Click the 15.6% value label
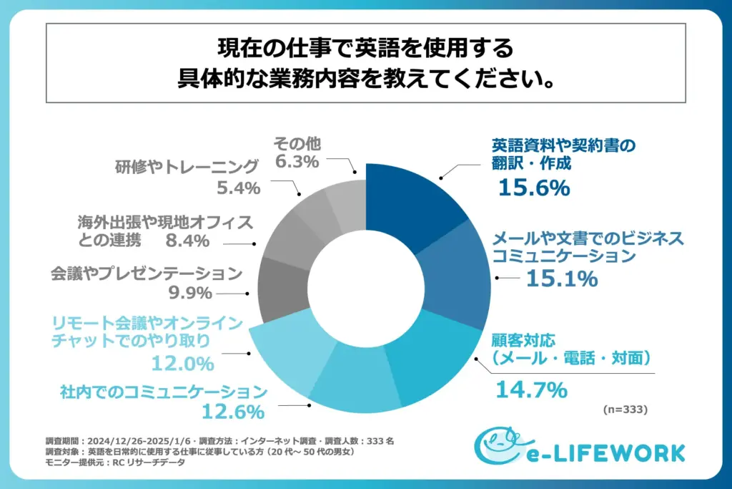coord(534,188)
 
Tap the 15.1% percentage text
coord(561,279)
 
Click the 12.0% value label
coord(182,364)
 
